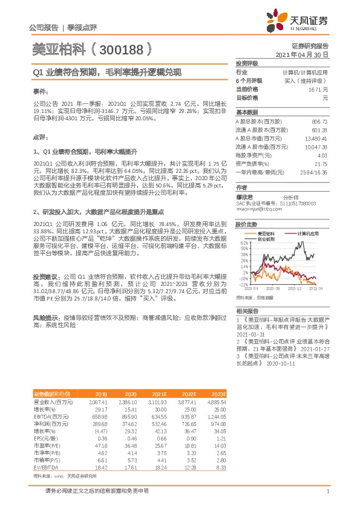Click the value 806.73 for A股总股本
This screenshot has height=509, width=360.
tap(318, 122)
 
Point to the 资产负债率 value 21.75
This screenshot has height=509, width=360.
tap(321, 164)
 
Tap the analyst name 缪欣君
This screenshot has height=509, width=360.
tap(243, 196)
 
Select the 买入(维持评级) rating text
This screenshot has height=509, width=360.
tap(306, 80)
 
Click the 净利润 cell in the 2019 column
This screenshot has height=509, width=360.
tap(98, 424)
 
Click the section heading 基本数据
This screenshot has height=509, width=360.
tap(245, 112)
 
